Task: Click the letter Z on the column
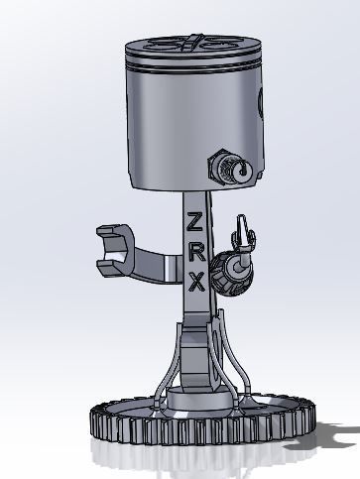[x=196, y=220]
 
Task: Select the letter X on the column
[x=196, y=282]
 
